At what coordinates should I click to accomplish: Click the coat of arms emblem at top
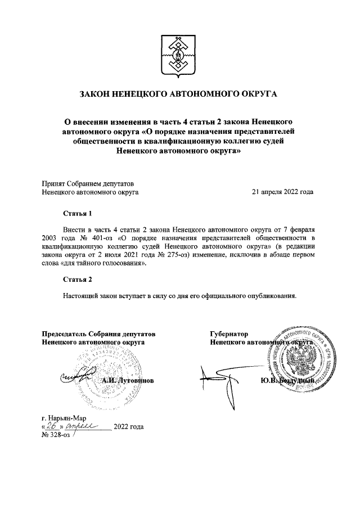coord(178,57)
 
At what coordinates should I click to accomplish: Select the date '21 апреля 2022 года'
coord(282,192)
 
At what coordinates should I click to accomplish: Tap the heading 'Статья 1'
coord(76,214)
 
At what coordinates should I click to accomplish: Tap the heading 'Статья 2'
coord(76,280)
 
